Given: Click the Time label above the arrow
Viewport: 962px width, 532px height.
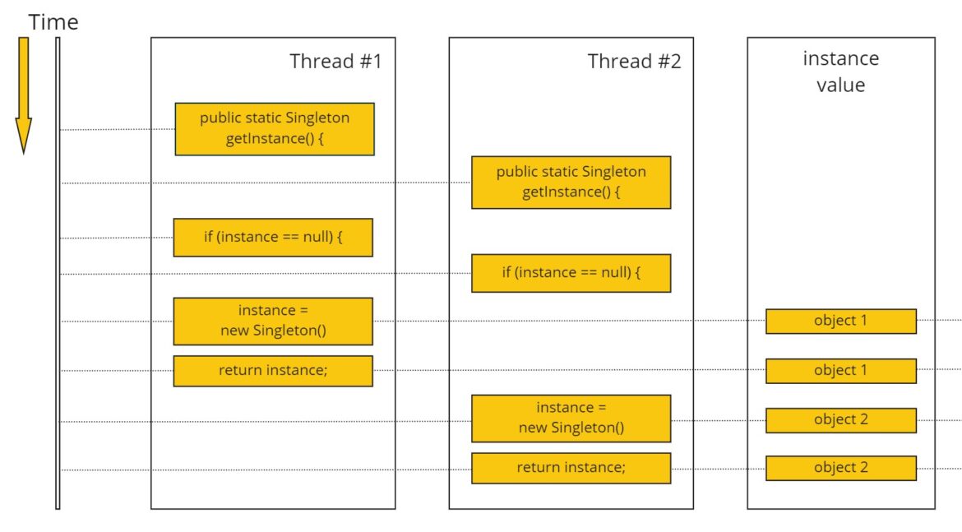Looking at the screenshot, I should (53, 22).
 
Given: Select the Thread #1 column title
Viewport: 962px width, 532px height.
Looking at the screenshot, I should (335, 61).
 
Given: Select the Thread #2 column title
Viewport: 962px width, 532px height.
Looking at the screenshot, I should (634, 61).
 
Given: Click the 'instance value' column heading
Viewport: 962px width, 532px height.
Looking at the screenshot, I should (840, 72).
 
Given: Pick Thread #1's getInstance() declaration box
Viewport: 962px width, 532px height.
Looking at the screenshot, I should (275, 128).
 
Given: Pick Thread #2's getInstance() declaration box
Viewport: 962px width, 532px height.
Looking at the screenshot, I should (571, 182).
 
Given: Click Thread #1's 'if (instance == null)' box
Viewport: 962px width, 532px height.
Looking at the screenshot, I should (273, 237).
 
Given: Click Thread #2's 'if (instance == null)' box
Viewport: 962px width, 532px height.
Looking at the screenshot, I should (571, 273).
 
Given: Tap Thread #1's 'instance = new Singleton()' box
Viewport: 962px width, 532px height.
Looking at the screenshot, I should (273, 321).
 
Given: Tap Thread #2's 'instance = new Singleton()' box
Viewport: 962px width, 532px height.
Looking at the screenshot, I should (571, 418).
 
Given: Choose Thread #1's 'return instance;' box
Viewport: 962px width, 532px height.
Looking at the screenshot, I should (273, 370).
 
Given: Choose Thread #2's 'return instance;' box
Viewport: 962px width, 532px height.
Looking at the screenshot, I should (571, 467).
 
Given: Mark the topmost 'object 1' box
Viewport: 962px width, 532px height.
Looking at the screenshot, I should (840, 321).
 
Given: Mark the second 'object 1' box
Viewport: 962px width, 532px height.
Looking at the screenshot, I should (840, 370).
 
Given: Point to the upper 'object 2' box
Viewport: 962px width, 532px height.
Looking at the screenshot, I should (840, 419).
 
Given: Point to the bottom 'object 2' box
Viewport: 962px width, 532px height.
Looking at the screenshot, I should (840, 467).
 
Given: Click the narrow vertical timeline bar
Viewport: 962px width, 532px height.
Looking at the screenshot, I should (58, 271).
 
